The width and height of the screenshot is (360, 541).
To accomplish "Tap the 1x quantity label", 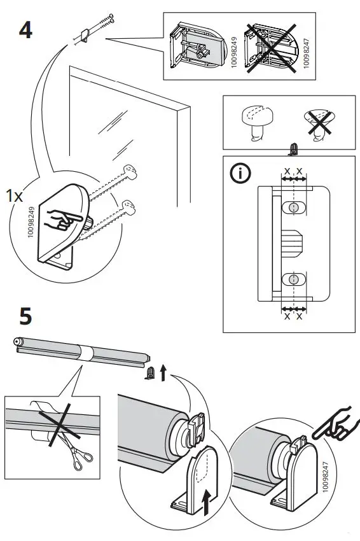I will (14, 196).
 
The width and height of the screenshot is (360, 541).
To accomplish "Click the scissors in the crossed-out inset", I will (80, 460).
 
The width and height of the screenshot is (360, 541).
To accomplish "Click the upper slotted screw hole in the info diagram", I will (293, 207).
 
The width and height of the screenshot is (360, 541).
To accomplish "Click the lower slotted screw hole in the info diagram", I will (293, 279).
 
